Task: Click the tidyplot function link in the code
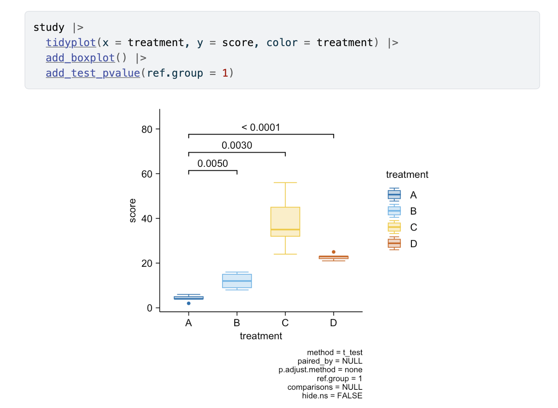click(x=71, y=43)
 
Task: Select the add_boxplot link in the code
click(x=80, y=58)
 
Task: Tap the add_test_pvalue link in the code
click(x=93, y=73)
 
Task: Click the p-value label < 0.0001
click(x=261, y=128)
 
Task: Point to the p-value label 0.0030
click(x=237, y=146)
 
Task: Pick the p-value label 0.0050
click(x=213, y=164)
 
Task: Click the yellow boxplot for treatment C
click(x=285, y=222)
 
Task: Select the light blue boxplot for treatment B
click(x=237, y=281)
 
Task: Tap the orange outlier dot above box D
click(x=334, y=252)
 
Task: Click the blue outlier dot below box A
click(x=189, y=304)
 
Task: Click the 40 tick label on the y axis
click(x=147, y=219)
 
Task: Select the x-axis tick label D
click(x=333, y=323)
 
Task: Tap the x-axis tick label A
click(x=189, y=323)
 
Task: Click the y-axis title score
click(x=133, y=211)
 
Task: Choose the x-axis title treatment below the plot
click(x=261, y=336)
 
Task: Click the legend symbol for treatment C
click(x=394, y=227)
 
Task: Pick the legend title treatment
click(x=407, y=175)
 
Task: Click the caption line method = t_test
click(x=334, y=353)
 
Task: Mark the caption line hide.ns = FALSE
click(x=332, y=396)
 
